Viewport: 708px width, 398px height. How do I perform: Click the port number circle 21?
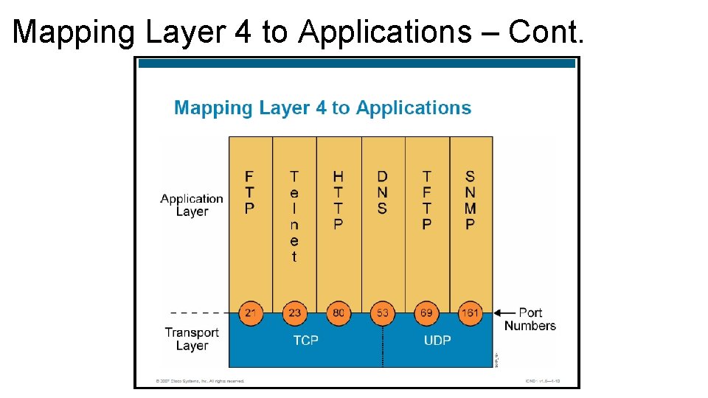(251, 313)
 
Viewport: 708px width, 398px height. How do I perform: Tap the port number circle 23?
(294, 313)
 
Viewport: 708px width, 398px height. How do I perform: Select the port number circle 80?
(339, 313)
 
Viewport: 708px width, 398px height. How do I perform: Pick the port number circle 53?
(382, 313)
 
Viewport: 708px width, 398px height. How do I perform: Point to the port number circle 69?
(426, 313)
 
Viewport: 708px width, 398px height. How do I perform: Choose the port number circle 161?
(470, 313)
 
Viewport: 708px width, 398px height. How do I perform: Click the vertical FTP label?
(250, 192)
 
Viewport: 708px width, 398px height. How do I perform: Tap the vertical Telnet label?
(294, 217)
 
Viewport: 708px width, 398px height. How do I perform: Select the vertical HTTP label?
(339, 200)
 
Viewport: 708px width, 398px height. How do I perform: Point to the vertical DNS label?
(382, 192)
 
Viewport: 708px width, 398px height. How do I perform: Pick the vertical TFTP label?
(426, 200)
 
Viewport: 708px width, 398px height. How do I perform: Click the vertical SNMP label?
(470, 200)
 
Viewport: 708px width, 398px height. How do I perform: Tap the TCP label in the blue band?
(305, 341)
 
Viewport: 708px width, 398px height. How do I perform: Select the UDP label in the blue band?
(437, 341)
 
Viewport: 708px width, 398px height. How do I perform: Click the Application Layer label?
(192, 205)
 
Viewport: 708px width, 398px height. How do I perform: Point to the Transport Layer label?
(192, 339)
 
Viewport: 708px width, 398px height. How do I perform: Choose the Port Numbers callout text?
(530, 319)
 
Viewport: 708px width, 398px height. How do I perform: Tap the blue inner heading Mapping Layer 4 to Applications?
(322, 108)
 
